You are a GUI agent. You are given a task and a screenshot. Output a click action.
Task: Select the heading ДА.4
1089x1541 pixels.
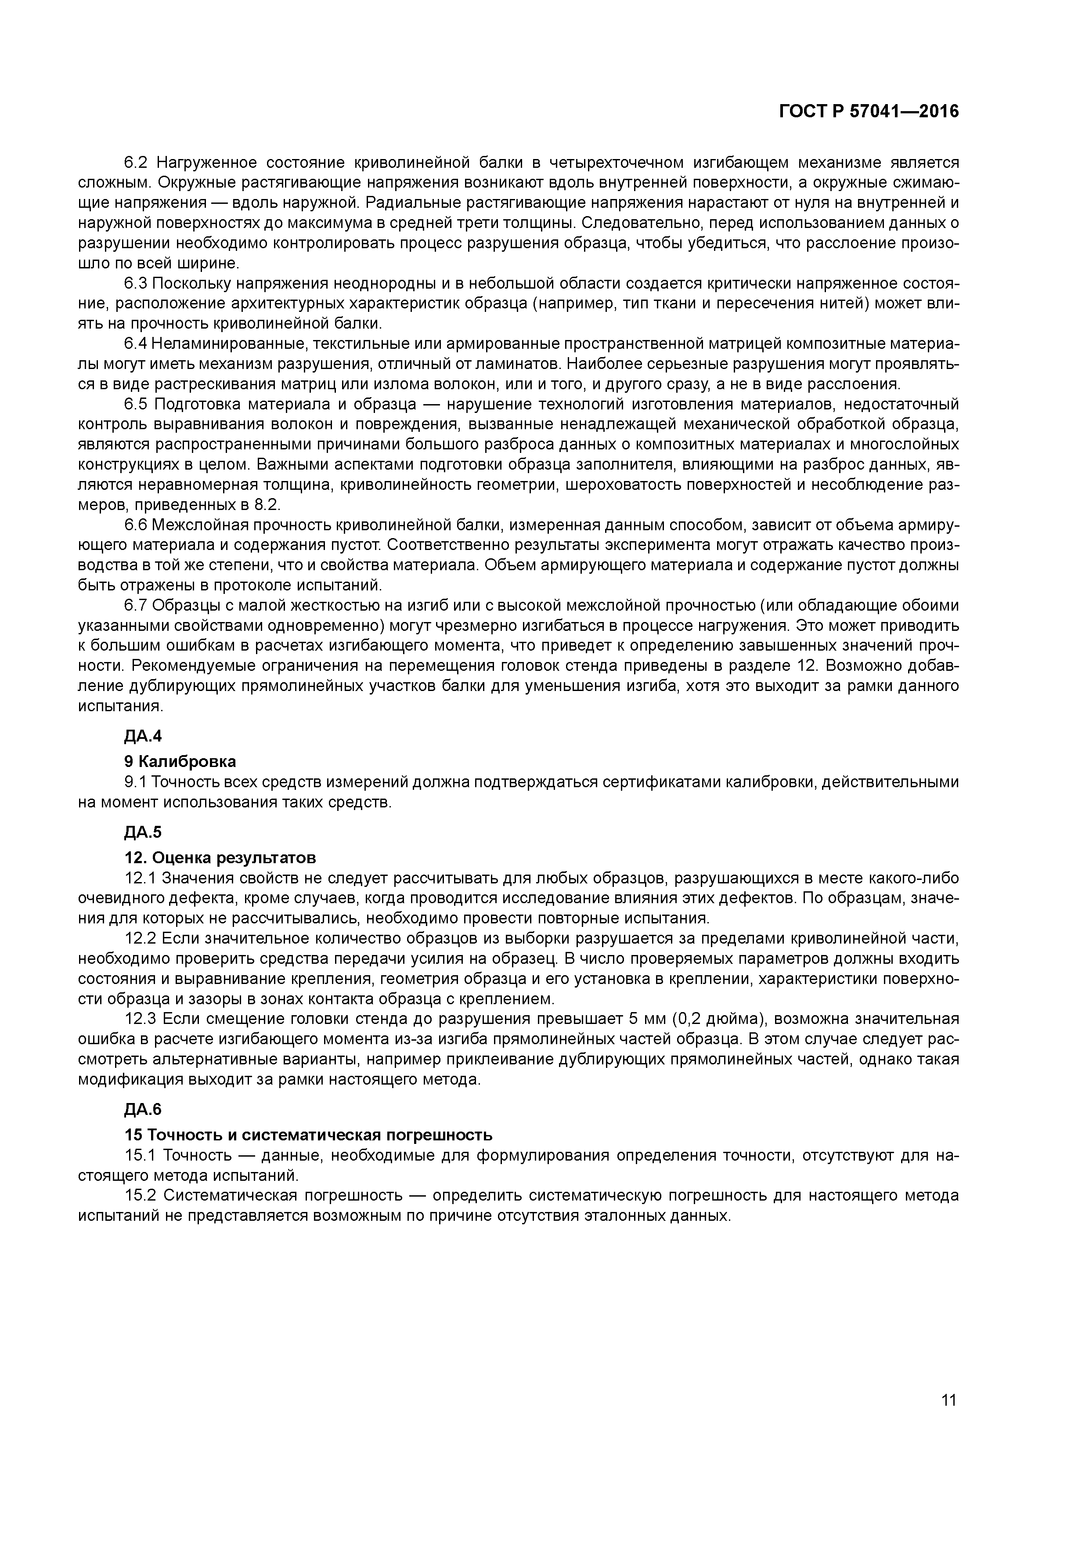[143, 736]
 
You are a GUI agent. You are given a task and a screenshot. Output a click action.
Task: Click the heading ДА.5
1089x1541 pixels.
[143, 832]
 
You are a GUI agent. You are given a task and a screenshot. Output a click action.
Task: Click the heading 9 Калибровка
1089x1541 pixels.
[180, 762]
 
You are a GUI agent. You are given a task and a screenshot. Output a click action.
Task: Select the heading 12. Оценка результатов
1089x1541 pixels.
[220, 858]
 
